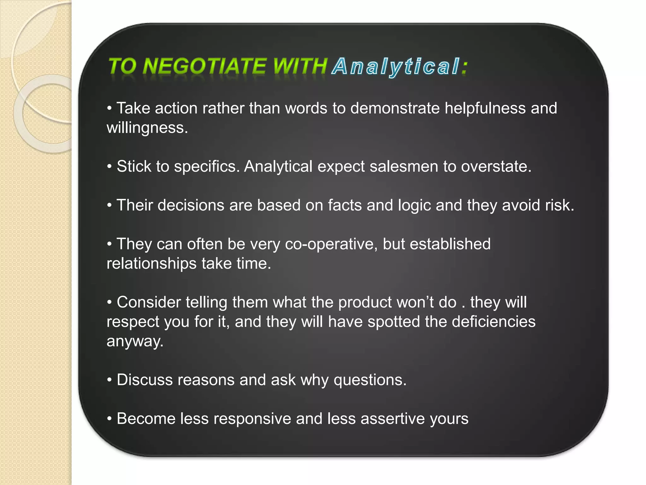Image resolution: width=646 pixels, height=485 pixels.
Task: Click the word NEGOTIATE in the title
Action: tap(204, 66)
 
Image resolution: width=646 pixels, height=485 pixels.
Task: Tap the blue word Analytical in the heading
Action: tap(396, 67)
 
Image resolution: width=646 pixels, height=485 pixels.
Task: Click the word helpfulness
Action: tap(485, 108)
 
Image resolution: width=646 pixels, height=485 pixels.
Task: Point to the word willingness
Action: tap(147, 128)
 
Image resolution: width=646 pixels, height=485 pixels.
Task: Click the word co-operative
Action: tap(331, 244)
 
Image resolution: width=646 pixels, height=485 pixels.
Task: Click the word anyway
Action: tap(135, 342)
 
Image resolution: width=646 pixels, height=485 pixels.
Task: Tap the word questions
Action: tap(370, 380)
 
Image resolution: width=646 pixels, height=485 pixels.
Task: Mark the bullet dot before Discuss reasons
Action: tap(109, 380)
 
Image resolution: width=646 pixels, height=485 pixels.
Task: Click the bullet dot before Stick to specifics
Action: tap(109, 167)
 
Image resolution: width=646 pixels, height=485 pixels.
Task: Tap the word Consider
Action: tap(149, 302)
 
